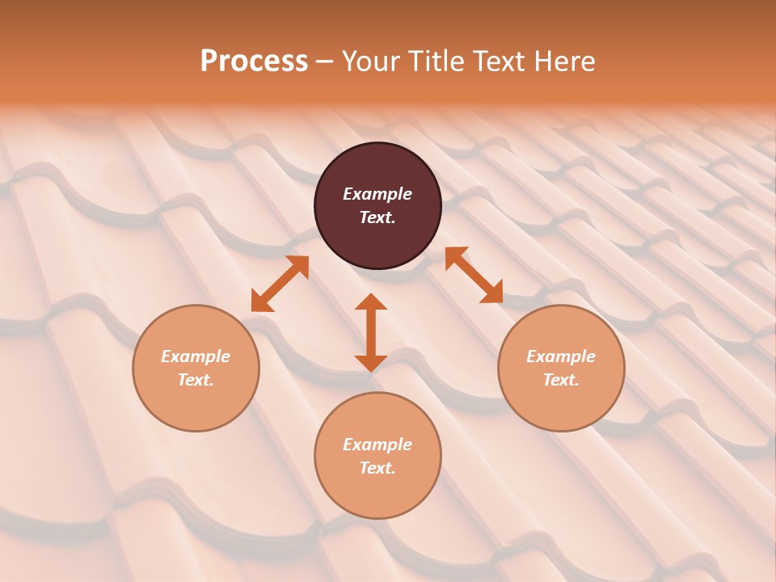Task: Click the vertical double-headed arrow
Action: pyautogui.click(x=371, y=332)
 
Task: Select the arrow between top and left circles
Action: pyautogui.click(x=280, y=284)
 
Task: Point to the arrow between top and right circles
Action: pyautogui.click(x=474, y=275)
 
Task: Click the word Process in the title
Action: pyautogui.click(x=254, y=61)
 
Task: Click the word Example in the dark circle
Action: pyautogui.click(x=377, y=194)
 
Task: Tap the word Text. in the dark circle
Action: pyautogui.click(x=377, y=217)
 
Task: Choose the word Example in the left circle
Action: pyautogui.click(x=196, y=356)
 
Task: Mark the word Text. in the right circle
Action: pyautogui.click(x=561, y=380)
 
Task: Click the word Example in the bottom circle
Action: pyautogui.click(x=377, y=445)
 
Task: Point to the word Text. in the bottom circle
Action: pyautogui.click(x=377, y=468)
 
